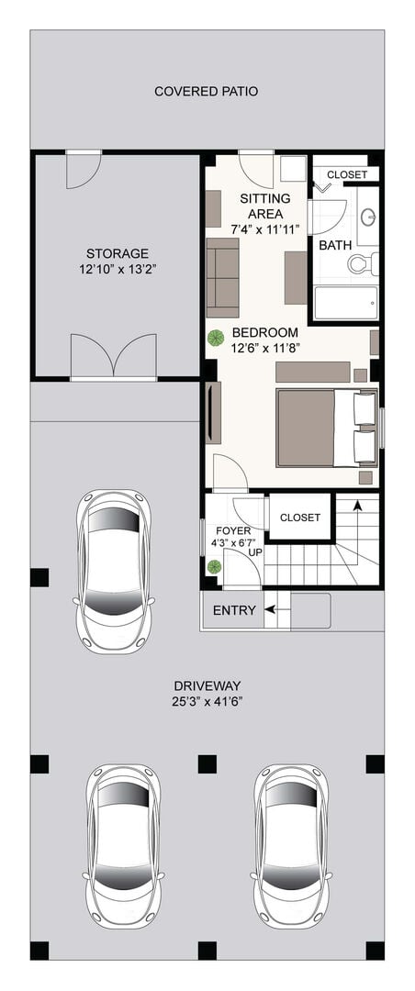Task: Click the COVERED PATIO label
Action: point(207,92)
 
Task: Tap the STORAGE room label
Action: point(118,253)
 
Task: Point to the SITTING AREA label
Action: point(265,206)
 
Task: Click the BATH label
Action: point(335,245)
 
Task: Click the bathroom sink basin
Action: point(368,217)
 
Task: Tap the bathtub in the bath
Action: point(346,303)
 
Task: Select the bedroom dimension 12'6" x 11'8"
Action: point(265,347)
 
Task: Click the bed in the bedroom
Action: point(327,428)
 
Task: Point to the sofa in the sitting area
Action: point(223,277)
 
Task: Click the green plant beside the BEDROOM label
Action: point(216,338)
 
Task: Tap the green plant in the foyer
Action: point(215,565)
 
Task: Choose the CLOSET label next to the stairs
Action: point(300,518)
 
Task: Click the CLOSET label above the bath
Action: point(347,175)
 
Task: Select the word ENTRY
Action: point(234,610)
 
